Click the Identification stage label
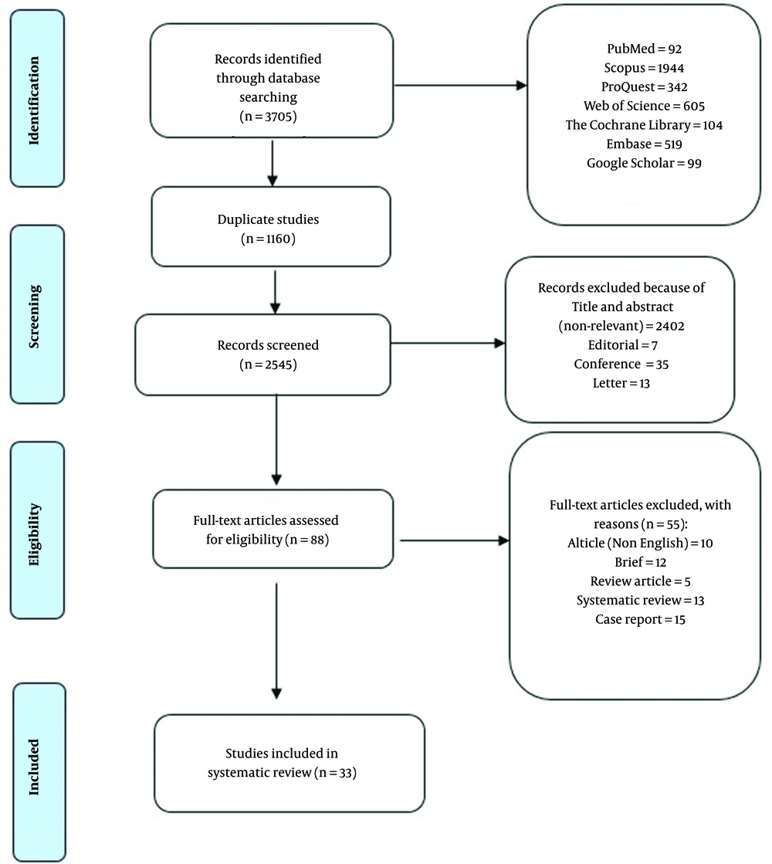point(34,100)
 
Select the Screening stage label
point(34,317)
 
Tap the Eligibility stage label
point(34,534)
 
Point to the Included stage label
point(34,767)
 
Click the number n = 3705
point(269,117)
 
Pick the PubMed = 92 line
point(644,49)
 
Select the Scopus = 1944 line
point(644,68)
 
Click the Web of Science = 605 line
point(644,106)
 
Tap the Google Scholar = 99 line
point(644,163)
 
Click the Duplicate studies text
point(269,219)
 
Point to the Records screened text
point(269,345)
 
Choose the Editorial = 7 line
point(623,345)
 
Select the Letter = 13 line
point(621,383)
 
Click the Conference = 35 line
point(621,364)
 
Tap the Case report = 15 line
point(640,619)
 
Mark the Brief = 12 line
point(640,562)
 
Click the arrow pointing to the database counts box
point(461,86)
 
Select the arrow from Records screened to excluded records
point(448,344)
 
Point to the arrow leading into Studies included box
point(276,642)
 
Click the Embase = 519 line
point(644,144)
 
